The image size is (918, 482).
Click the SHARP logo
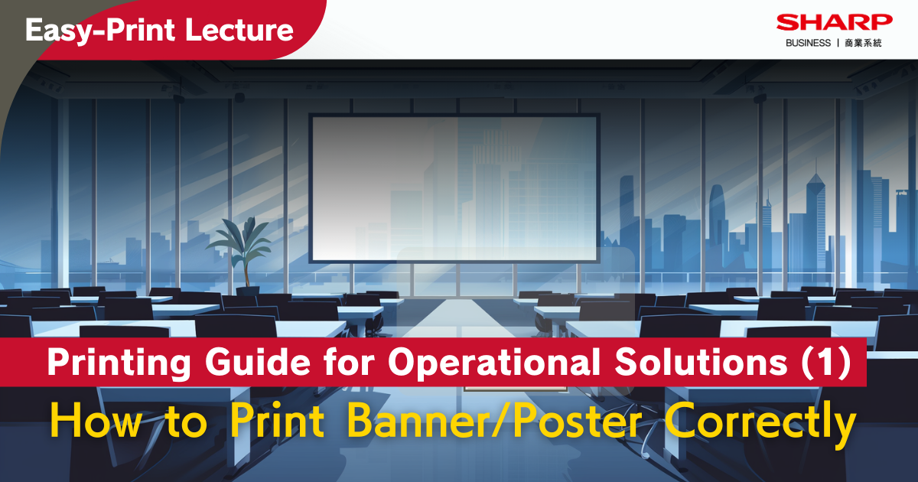[x=835, y=22]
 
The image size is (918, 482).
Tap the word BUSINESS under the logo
[x=808, y=43]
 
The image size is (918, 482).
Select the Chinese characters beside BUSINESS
[x=864, y=43]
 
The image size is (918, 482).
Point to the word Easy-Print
[x=106, y=30]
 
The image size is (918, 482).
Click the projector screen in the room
[x=454, y=187]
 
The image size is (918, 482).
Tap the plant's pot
[x=247, y=289]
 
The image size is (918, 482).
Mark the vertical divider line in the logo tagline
[x=836, y=43]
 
